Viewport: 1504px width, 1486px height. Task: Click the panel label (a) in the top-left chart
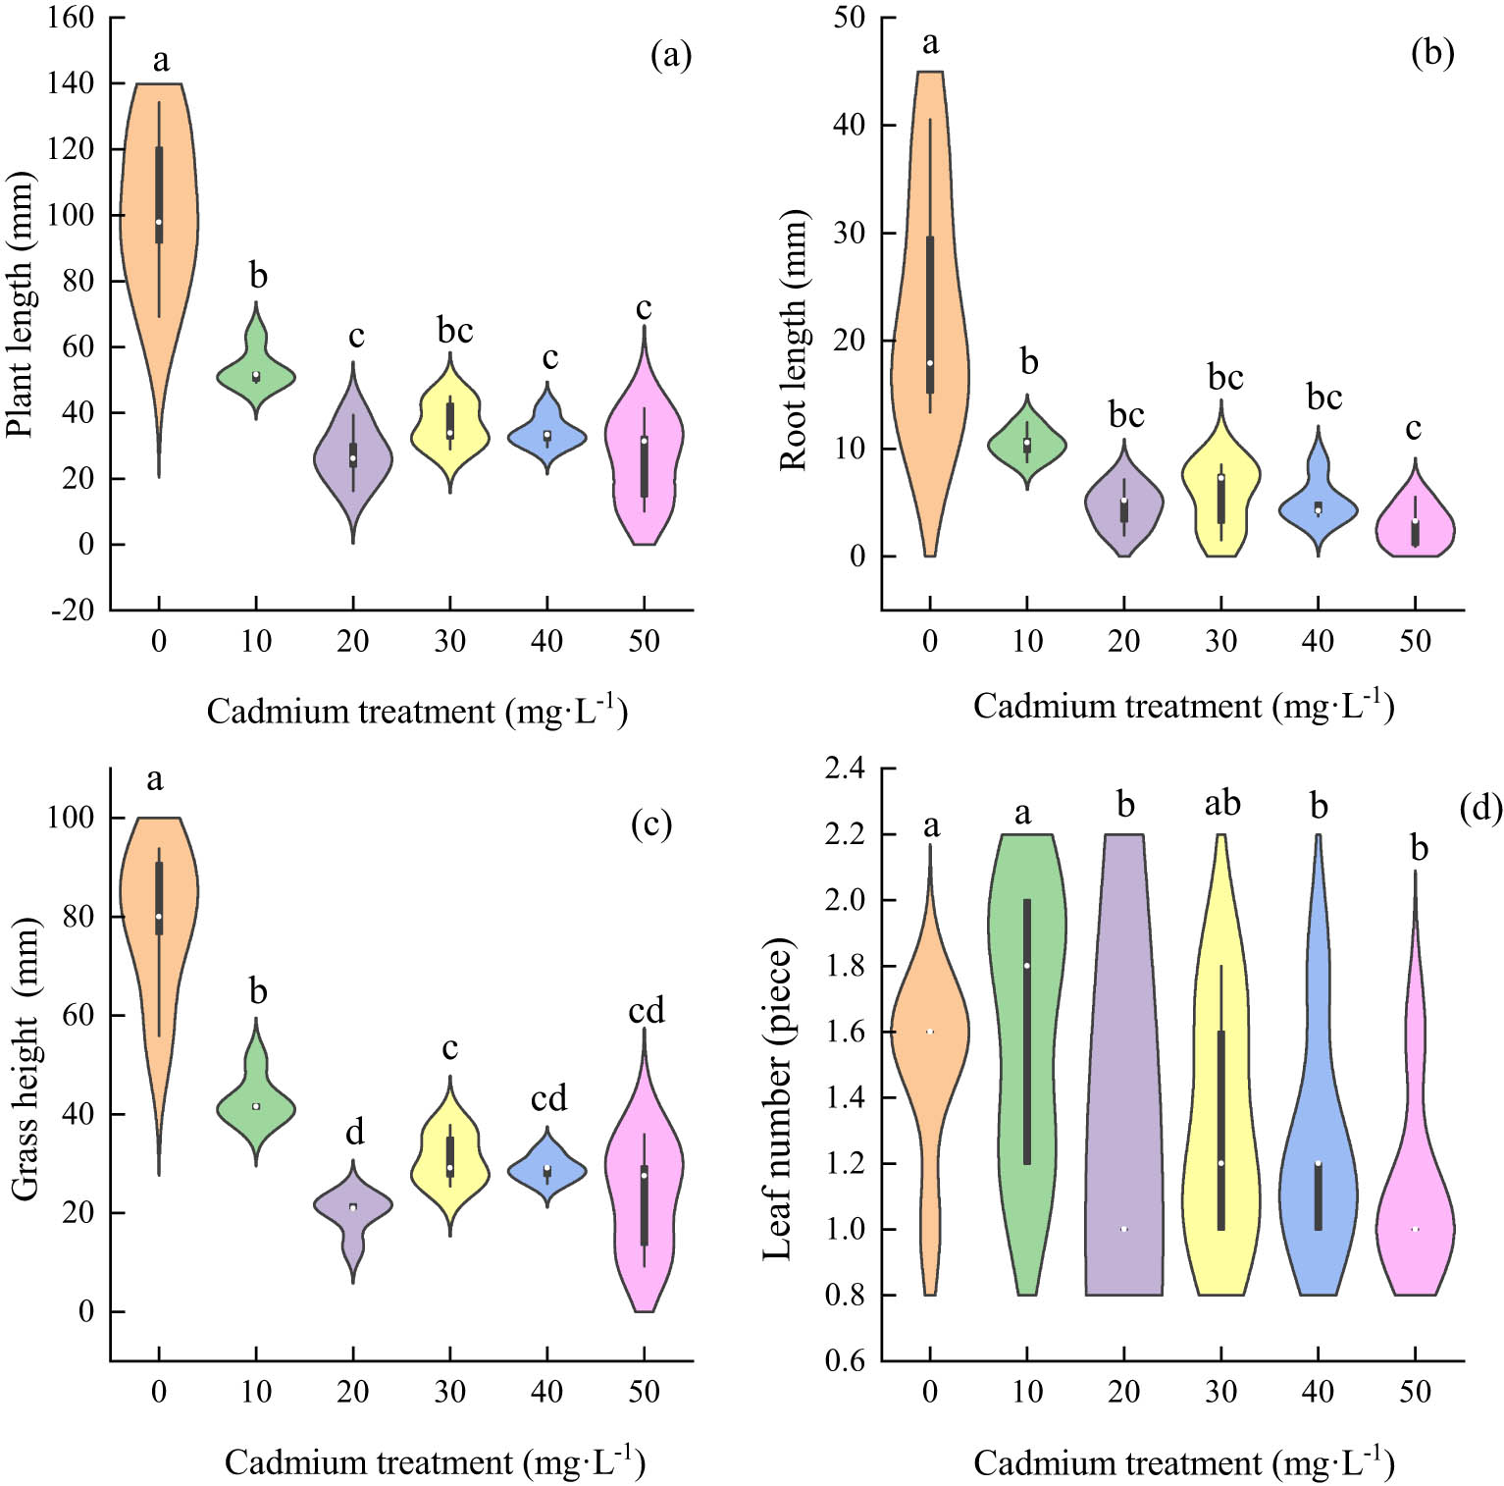point(671,55)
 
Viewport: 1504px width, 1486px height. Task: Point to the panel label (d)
point(1480,808)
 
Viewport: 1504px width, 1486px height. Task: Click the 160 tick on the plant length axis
point(71,18)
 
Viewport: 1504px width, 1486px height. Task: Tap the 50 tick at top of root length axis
point(849,18)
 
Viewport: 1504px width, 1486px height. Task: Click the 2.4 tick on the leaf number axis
point(845,769)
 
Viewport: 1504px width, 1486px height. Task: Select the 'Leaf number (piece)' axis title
point(777,1099)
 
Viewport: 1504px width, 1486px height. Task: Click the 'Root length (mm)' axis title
point(793,340)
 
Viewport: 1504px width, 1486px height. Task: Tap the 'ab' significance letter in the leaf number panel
point(1221,804)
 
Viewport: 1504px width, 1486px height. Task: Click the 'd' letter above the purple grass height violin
point(354,1133)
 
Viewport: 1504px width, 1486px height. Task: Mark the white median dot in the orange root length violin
point(930,363)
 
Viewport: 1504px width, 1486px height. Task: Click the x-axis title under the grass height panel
point(434,1462)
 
